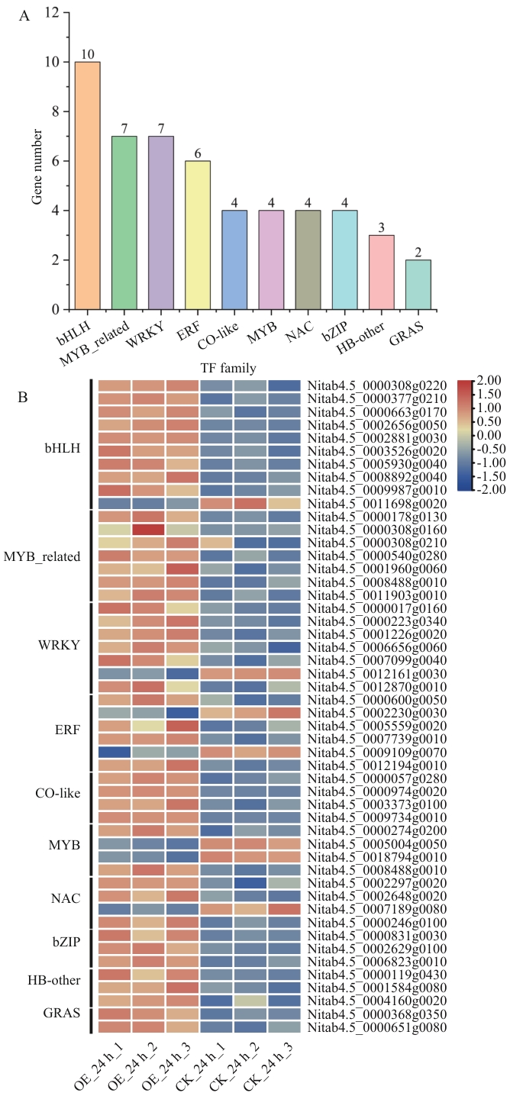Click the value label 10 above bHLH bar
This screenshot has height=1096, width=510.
coord(87,55)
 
